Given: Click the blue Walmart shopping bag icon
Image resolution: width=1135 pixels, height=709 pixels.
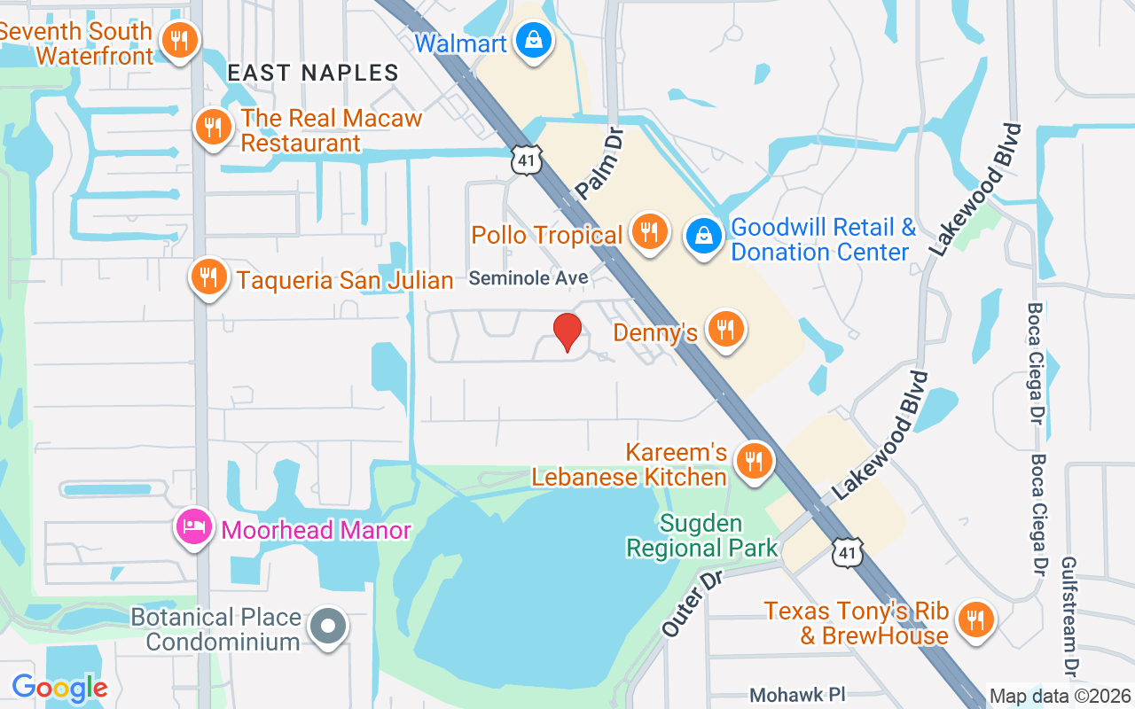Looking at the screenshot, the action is (x=534, y=41).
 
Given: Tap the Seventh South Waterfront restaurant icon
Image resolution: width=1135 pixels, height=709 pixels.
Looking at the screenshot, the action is (x=180, y=40).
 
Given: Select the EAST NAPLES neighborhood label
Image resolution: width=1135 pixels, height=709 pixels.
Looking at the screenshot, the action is (x=313, y=73).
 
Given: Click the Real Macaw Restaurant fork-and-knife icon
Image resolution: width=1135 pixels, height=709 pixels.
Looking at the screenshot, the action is (x=213, y=128).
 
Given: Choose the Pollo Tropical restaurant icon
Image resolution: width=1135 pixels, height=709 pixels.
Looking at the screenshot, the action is (x=649, y=232).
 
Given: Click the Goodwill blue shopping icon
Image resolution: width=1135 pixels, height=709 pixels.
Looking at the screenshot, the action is (x=703, y=237).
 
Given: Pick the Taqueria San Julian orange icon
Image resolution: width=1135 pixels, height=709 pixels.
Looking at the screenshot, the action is (x=208, y=277).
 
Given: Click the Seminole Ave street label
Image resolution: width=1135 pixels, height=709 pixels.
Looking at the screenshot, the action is (x=528, y=278).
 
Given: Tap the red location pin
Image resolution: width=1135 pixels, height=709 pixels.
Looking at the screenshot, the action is (x=567, y=332).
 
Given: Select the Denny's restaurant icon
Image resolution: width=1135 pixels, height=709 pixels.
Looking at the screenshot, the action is (x=726, y=330).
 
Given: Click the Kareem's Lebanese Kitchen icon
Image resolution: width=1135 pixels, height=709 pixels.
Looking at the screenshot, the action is (x=754, y=461).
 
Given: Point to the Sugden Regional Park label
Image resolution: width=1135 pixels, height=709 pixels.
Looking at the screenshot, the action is (x=701, y=536).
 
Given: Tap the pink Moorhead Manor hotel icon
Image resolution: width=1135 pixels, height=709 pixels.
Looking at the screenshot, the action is (x=194, y=528).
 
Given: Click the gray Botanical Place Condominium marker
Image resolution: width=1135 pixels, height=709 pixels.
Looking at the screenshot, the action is (x=328, y=627).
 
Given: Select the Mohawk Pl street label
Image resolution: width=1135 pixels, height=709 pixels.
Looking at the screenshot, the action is (x=794, y=694).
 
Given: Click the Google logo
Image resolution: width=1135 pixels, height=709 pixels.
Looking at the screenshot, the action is (x=59, y=688).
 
